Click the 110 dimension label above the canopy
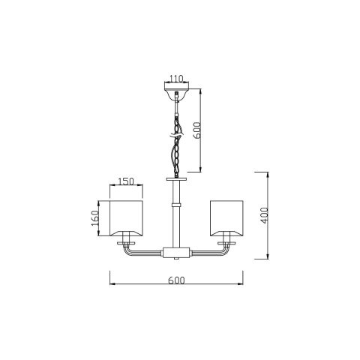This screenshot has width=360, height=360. click(x=176, y=79)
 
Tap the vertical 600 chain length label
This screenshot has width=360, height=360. click(x=197, y=130)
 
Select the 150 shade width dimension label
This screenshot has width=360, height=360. click(x=126, y=181)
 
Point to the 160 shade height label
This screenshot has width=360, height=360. click(x=95, y=218)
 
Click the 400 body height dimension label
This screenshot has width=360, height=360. click(x=264, y=215)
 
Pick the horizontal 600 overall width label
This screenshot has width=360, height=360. click(x=176, y=280)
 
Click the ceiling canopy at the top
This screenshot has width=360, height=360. click(x=176, y=92)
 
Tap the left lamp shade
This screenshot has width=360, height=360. click(x=126, y=218)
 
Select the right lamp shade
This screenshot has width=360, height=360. click(x=226, y=218)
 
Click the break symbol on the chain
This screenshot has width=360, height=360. click(x=176, y=135)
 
